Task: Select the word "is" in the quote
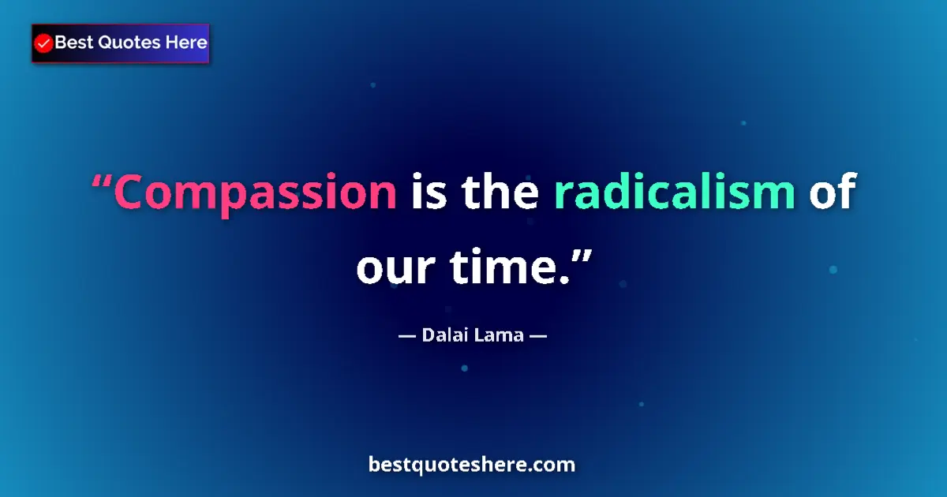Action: tap(429, 193)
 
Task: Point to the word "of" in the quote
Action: tap(832, 193)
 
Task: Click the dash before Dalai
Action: tap(406, 335)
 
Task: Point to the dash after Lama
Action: tap(538, 335)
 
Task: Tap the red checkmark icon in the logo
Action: tap(44, 43)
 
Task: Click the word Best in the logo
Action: tap(73, 43)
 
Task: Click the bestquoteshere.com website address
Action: tap(472, 465)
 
